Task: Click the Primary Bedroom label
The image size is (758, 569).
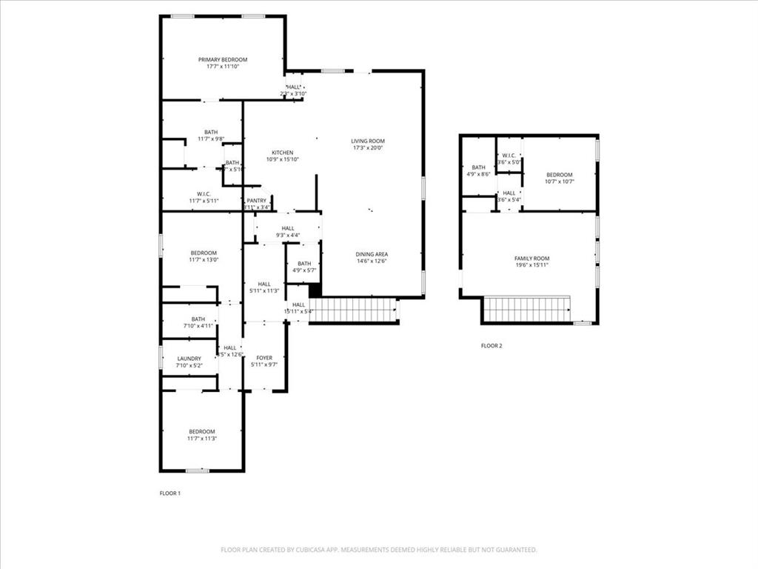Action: [x=222, y=60]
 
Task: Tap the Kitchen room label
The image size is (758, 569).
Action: [x=282, y=153]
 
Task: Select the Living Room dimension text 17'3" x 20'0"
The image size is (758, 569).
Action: [x=368, y=148]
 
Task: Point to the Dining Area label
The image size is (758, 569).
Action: [x=372, y=254]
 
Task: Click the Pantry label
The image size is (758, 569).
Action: [x=256, y=201]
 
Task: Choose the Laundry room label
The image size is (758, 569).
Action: [x=189, y=359]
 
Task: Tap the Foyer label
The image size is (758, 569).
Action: [x=264, y=358]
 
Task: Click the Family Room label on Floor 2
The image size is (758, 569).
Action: [x=531, y=259]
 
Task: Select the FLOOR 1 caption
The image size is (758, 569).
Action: [x=170, y=493]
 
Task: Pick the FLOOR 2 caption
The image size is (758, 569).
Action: [x=492, y=346]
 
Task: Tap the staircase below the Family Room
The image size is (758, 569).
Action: [x=527, y=309]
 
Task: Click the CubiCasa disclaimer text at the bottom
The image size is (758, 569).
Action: [x=379, y=550]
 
